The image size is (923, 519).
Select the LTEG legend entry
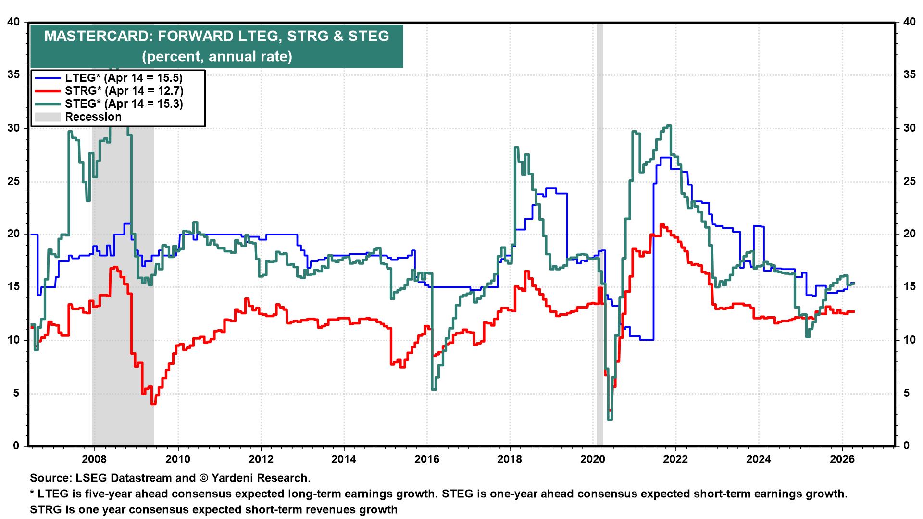click(x=124, y=78)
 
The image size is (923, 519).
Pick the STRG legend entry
click(x=124, y=91)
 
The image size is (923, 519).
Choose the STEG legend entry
click(x=124, y=104)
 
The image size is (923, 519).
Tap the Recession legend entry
click(x=93, y=117)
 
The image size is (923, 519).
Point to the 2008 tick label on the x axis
click(x=94, y=459)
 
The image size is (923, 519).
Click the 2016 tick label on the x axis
click(x=427, y=459)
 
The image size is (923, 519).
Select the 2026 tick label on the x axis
click(x=842, y=459)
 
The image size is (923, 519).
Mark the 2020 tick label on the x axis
click(x=593, y=459)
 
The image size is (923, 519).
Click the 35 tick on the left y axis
click(x=14, y=75)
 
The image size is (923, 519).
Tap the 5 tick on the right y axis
click(x=906, y=394)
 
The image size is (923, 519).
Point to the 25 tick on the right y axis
click(x=908, y=182)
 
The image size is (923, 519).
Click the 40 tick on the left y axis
click(x=14, y=22)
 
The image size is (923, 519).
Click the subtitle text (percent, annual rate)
click(x=217, y=57)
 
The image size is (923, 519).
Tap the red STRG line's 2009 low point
click(x=153, y=404)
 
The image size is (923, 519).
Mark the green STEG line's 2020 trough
click(x=610, y=420)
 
